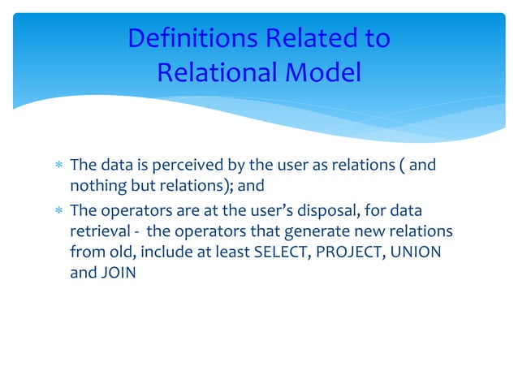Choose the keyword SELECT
(282, 252)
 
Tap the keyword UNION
(416, 252)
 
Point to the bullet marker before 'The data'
(58, 166)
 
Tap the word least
(230, 252)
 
